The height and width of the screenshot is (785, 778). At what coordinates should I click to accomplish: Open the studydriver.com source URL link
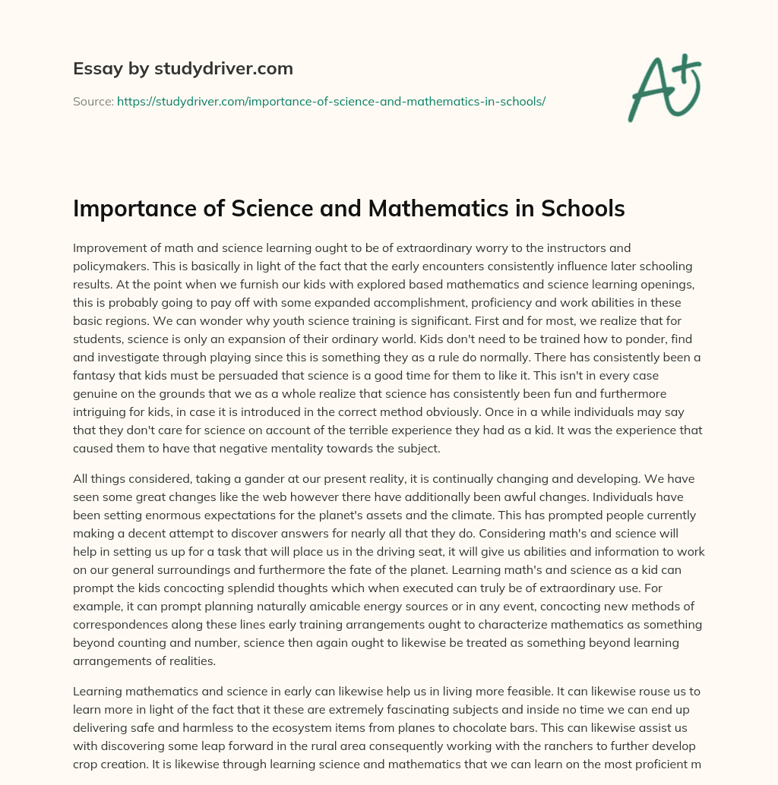point(330,101)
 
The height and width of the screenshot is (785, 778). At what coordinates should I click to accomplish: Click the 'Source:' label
point(93,101)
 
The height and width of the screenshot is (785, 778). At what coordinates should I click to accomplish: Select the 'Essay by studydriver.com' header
point(182,69)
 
